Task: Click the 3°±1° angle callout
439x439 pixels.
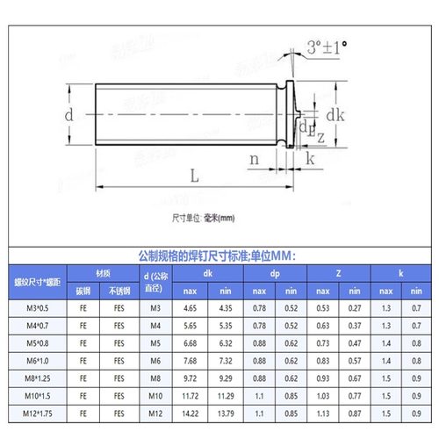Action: tap(327, 45)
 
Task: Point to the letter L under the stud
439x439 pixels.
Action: tap(193, 175)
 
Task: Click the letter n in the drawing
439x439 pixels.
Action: tap(254, 159)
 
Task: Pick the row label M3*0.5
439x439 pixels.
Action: tap(34, 308)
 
